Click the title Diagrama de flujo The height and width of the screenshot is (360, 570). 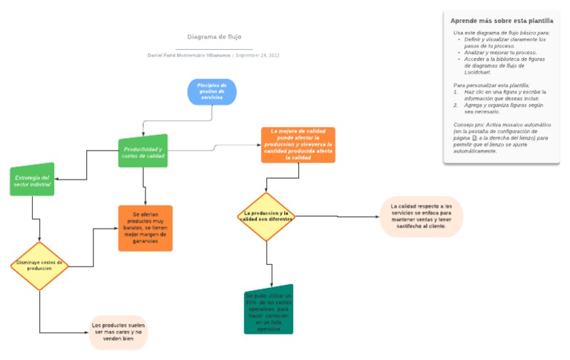(214, 36)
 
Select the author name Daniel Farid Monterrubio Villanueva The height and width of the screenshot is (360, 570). (189, 56)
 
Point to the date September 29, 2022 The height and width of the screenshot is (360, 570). (257, 56)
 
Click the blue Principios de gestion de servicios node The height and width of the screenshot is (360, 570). (212, 91)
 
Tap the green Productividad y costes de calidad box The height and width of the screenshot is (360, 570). (143, 152)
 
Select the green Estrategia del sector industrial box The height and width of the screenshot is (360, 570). (32, 180)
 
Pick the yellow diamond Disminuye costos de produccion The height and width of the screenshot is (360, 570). (39, 265)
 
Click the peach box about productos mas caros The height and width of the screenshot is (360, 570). (118, 332)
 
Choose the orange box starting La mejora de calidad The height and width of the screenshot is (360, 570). (298, 145)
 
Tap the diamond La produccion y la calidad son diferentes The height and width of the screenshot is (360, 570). (266, 217)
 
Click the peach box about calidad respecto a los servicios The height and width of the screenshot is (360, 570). (422, 217)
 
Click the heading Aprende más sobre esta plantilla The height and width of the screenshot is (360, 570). (502, 21)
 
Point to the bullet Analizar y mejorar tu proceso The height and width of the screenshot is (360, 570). (500, 53)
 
